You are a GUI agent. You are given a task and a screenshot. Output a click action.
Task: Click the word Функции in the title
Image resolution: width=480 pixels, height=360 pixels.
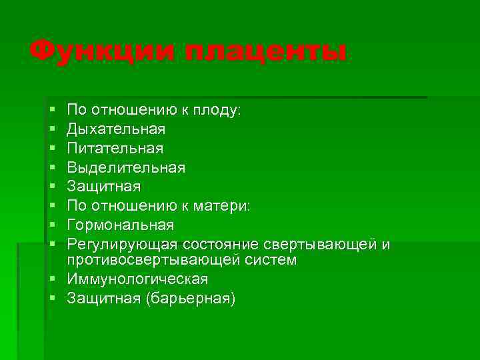101,52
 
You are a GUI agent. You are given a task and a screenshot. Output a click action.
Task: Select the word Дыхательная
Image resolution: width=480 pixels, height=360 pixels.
117,128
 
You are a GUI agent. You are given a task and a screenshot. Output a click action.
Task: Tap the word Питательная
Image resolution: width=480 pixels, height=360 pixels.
115,147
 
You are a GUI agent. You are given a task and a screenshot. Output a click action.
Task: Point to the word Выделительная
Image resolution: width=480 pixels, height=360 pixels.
126,167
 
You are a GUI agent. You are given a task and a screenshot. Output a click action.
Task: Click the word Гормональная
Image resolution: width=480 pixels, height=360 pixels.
120,225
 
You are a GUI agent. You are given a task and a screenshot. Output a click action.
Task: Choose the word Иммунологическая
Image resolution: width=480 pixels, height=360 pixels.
137,279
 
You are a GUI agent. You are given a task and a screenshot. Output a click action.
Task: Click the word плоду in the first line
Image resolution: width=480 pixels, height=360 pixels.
218,109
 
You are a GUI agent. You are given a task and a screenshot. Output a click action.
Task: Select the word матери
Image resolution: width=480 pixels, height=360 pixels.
225,206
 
